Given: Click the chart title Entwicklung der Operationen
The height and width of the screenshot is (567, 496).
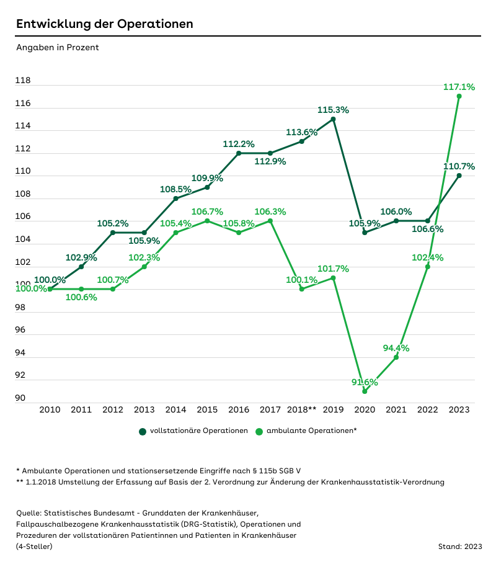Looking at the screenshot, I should (x=104, y=24).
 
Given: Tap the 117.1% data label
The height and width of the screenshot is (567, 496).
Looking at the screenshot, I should (x=459, y=87).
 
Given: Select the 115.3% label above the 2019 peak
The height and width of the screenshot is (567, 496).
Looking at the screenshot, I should (x=333, y=110).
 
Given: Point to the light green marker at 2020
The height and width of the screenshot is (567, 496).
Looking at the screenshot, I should (x=365, y=391).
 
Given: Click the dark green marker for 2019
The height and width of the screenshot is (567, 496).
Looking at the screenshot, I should (x=333, y=119).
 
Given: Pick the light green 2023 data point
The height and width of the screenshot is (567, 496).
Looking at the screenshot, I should (x=459, y=97).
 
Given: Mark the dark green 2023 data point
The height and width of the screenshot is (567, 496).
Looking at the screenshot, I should (x=459, y=176).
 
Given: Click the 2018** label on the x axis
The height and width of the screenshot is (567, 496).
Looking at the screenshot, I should (x=302, y=409).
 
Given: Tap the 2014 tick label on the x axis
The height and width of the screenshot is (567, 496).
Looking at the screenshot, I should (x=175, y=409).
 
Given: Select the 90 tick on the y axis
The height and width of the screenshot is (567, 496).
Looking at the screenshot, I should (x=20, y=398).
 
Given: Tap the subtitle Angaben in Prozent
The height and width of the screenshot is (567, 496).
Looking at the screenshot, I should (x=57, y=47).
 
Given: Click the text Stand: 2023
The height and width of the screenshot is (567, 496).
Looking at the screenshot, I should (x=459, y=547).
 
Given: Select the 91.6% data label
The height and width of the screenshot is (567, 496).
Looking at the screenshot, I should (x=365, y=382).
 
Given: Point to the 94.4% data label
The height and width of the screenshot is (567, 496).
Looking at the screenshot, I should (x=396, y=348).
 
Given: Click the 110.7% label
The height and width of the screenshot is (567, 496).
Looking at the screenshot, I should (x=459, y=166).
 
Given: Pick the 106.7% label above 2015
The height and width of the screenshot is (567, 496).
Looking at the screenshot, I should (x=207, y=212).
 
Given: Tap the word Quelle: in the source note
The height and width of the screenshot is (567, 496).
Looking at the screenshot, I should (x=29, y=512).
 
